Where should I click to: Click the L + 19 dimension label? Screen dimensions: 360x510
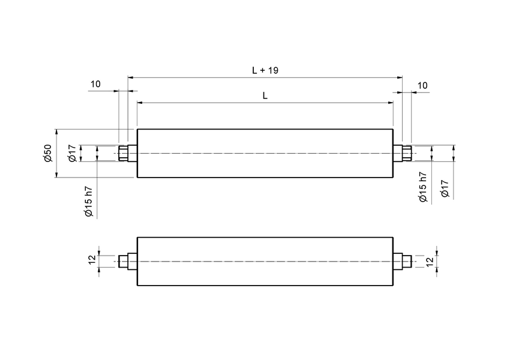[265, 70]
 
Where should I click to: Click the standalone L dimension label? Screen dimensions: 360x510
[265, 96]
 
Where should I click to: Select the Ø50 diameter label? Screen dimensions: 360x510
[48, 154]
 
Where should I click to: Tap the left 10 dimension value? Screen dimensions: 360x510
[96, 84]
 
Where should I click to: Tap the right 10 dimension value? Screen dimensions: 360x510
[422, 86]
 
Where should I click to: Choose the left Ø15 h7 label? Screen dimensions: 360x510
[88, 201]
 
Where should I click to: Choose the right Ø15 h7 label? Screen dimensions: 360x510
[422, 187]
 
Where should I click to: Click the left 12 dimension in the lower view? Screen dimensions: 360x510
[91, 260]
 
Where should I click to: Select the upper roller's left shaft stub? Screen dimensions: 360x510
[126, 154]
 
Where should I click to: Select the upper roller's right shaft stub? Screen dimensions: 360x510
[404, 154]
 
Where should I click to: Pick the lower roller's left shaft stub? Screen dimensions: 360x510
[126, 262]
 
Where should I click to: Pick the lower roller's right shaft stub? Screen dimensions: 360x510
[404, 262]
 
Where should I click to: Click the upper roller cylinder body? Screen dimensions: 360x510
[265, 154]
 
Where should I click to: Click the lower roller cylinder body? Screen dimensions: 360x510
[265, 262]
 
